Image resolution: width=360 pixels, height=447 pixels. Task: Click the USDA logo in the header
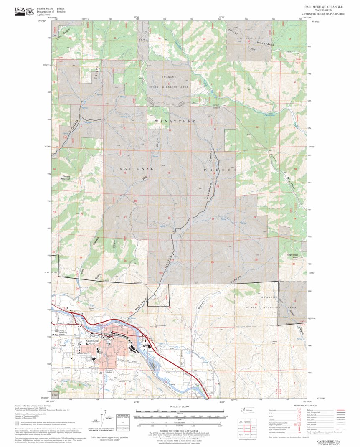click(19, 11)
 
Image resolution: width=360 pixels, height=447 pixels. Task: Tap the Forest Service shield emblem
click(30, 11)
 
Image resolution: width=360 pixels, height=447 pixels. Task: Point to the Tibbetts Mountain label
click(67, 177)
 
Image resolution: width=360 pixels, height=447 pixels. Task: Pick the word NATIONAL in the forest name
click(137, 169)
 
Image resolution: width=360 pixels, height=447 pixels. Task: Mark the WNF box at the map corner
click(55, 394)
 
